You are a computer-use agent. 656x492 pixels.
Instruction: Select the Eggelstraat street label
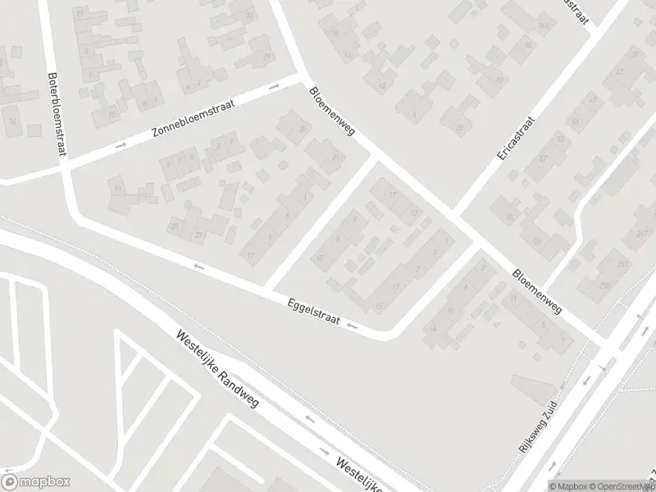click(x=312, y=312)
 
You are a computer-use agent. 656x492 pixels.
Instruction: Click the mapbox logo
click(x=36, y=482)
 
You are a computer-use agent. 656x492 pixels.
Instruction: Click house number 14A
click(x=347, y=56)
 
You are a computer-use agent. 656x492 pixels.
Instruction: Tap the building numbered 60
click(x=499, y=80)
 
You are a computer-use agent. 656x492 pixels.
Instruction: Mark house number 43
click(x=619, y=72)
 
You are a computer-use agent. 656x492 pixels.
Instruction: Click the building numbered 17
click(x=392, y=194)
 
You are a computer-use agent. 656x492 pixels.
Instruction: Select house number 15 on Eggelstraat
click(x=378, y=306)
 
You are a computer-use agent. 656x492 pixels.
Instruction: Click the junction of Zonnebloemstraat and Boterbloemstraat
click(x=62, y=165)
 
